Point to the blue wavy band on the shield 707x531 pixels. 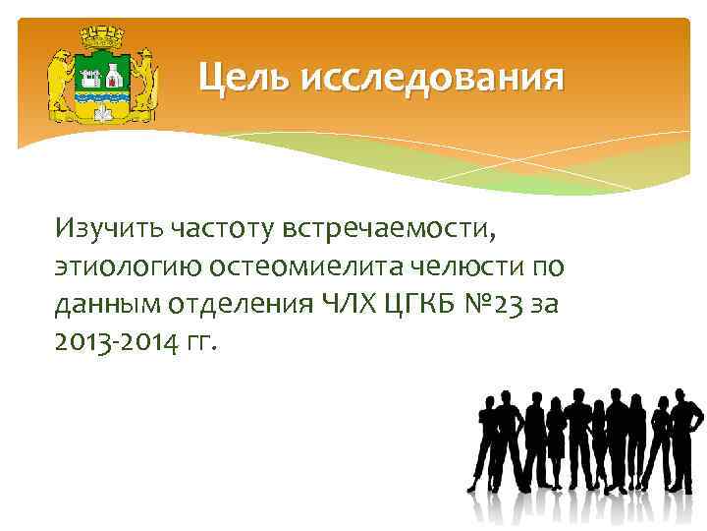[x=102, y=98]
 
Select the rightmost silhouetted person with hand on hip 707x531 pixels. [x=685, y=433]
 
